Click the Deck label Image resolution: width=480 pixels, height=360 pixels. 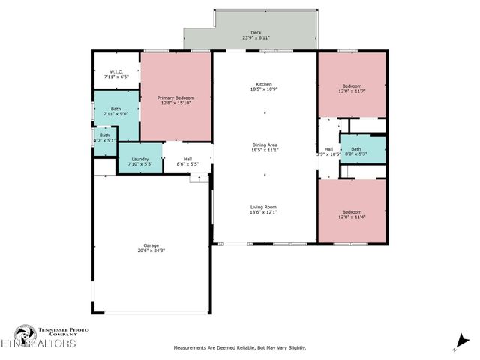[256, 33]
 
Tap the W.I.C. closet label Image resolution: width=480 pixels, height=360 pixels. [115, 72]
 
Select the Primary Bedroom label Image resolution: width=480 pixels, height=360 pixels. [175, 98]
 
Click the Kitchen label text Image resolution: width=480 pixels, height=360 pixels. [263, 84]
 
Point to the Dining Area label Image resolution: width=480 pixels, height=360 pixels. [265, 145]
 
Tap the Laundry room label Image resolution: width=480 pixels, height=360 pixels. [139, 159]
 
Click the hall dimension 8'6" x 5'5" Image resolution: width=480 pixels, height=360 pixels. [188, 163]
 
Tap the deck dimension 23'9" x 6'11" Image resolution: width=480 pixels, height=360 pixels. [256, 38]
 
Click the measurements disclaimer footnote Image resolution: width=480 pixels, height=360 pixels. [240, 347]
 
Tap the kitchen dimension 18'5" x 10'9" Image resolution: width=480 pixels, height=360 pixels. [263, 89]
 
